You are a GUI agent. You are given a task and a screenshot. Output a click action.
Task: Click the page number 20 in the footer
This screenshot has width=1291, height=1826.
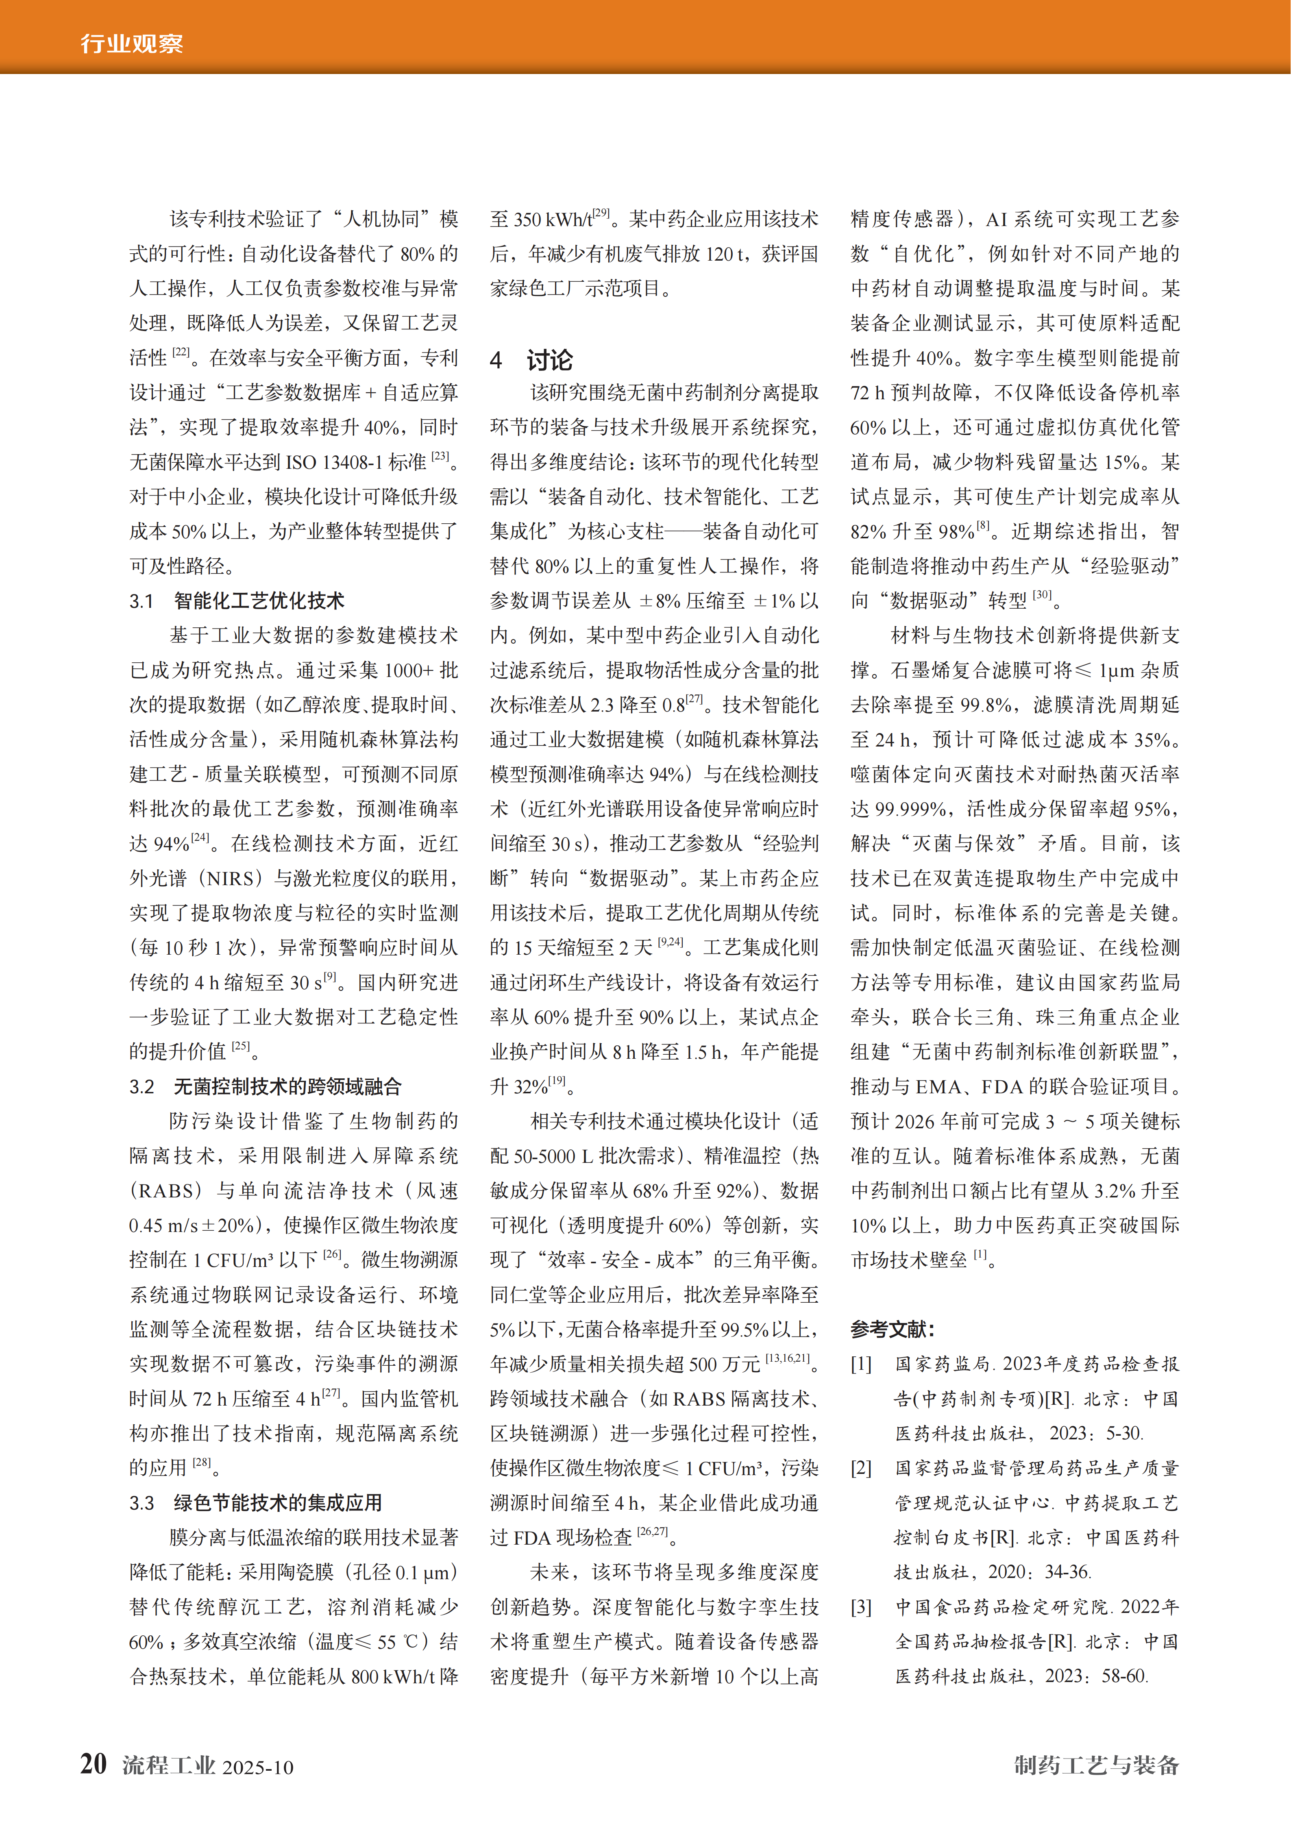[94, 1764]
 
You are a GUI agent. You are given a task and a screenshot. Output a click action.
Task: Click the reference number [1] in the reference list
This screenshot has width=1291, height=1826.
[862, 1364]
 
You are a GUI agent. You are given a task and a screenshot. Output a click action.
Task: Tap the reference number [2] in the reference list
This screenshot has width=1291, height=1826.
[862, 1468]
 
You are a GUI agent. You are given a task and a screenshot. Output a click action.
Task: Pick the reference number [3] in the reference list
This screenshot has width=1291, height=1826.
[862, 1606]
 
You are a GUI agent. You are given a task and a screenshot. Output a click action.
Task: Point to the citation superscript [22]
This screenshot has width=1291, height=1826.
[181, 353]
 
